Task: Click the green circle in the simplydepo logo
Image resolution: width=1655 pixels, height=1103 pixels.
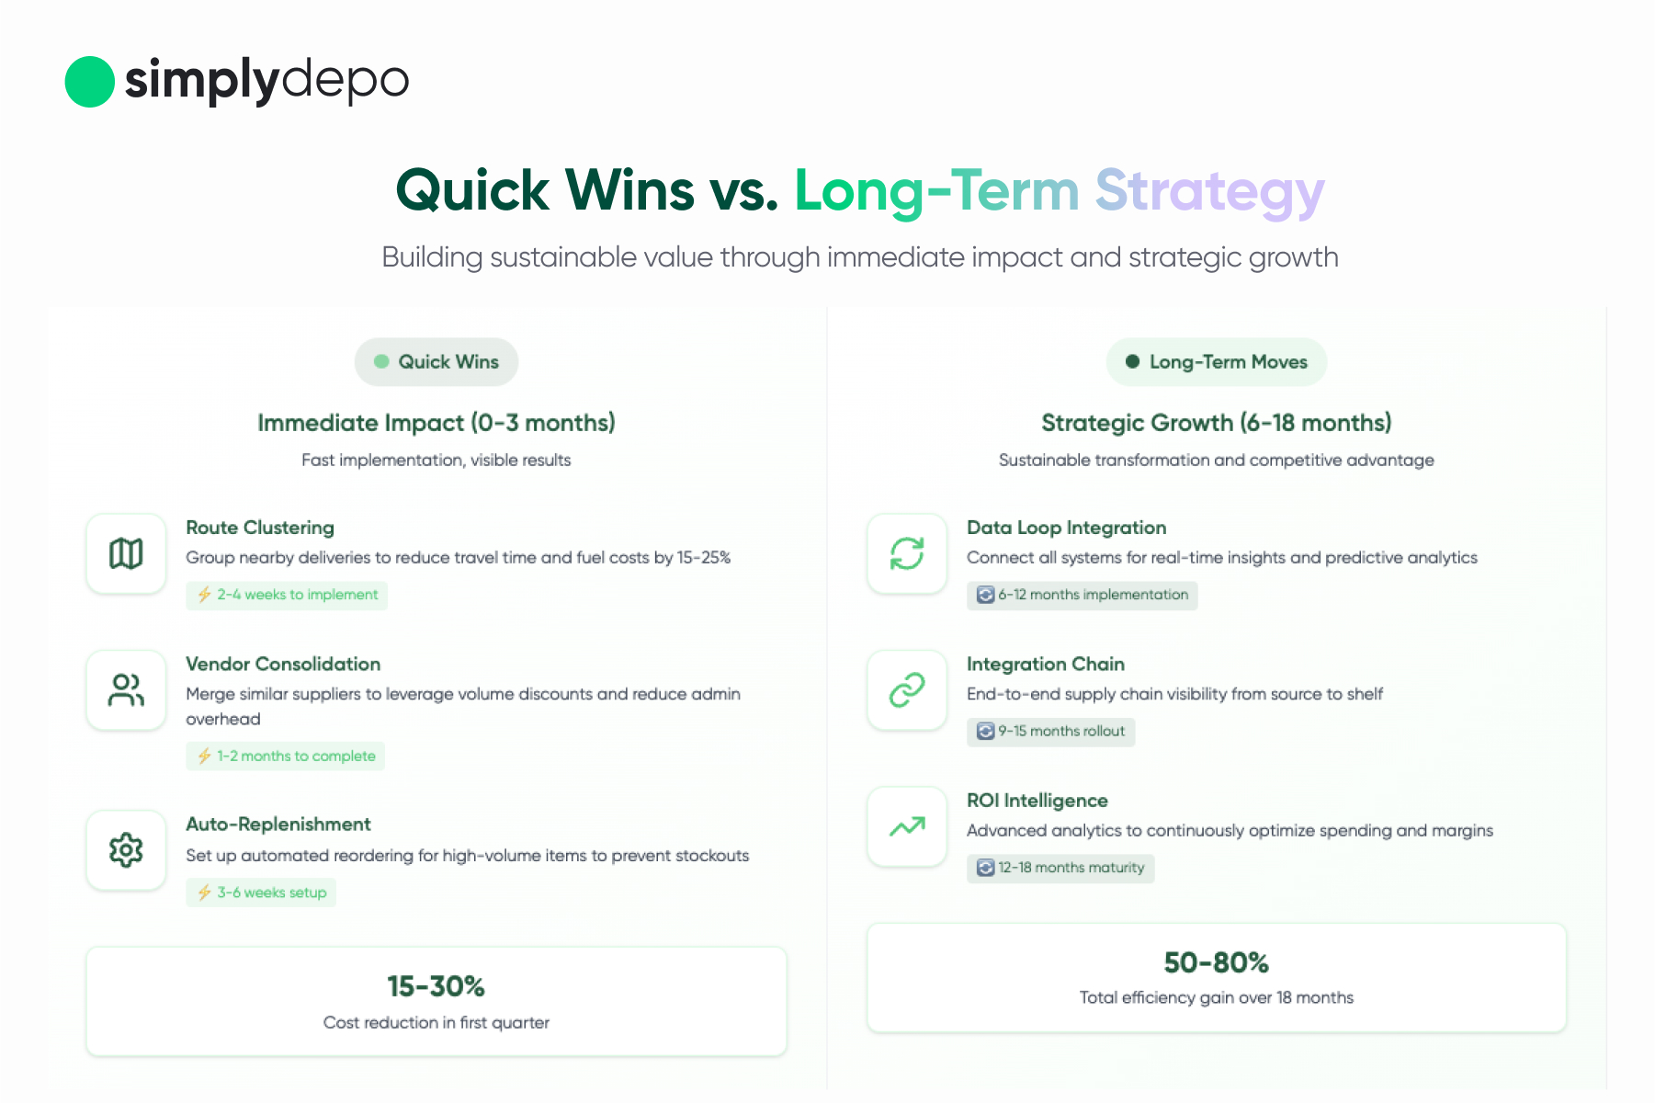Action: (89, 82)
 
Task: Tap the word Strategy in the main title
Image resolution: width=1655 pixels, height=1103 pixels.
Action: (1209, 192)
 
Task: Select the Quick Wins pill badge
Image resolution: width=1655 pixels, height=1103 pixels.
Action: (436, 362)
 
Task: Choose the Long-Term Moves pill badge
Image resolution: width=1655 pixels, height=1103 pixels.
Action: (1217, 362)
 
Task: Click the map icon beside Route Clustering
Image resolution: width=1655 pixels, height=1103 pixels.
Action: (126, 553)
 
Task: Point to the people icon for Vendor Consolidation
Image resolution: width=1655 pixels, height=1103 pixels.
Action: (126, 690)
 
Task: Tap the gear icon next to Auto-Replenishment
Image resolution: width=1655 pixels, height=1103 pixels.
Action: (126, 850)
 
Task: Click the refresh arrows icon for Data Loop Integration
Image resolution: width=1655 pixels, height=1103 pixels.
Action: (907, 553)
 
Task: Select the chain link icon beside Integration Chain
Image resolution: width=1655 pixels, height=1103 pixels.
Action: (907, 690)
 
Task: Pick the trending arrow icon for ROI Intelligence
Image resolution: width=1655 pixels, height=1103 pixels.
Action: (907, 827)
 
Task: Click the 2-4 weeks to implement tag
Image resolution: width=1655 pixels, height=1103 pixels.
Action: (287, 596)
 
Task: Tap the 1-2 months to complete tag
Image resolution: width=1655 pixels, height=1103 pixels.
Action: (285, 756)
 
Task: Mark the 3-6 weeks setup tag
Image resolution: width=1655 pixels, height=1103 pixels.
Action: (261, 893)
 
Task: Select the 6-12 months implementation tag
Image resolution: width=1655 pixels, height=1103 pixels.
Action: (1083, 596)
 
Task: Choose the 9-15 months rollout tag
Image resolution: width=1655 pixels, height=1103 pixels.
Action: (1050, 732)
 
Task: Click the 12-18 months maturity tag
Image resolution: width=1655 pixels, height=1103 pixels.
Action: (1060, 868)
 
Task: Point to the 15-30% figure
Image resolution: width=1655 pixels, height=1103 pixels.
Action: (436, 986)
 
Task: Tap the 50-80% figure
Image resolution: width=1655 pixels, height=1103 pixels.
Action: (1217, 962)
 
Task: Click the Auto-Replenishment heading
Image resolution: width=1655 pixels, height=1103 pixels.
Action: (278, 824)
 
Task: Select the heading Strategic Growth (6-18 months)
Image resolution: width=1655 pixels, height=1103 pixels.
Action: (1217, 423)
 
